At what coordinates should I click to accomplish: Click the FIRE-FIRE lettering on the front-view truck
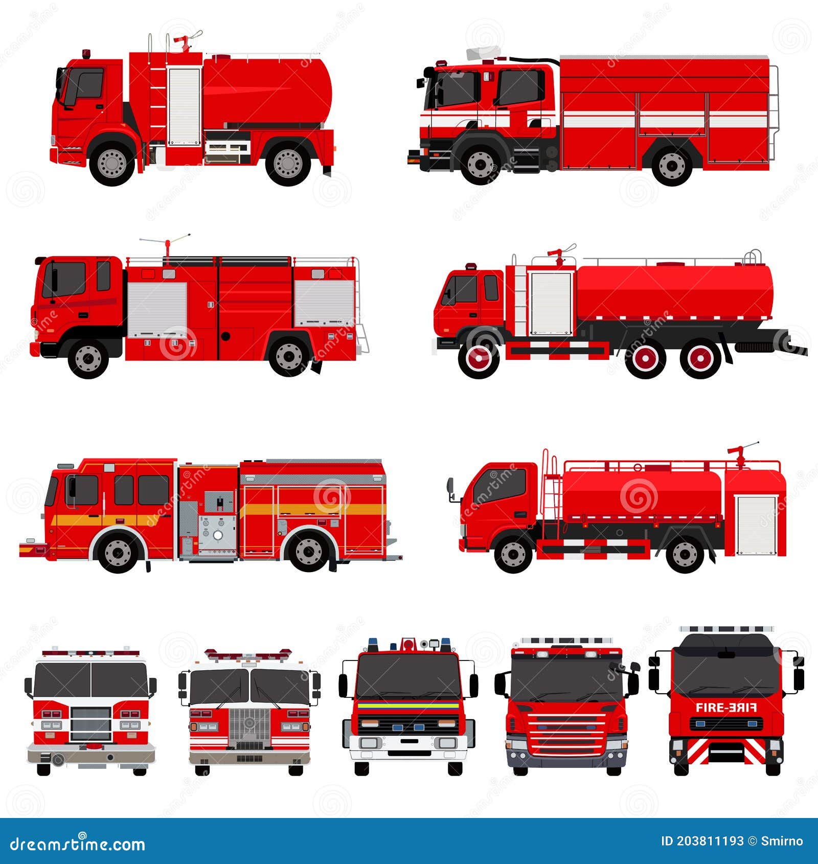726,708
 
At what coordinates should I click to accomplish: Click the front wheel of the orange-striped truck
118,552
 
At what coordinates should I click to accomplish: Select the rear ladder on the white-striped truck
774,112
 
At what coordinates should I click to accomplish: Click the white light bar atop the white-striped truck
483,53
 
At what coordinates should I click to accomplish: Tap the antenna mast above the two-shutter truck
167,248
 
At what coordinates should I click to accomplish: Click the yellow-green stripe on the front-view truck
408,705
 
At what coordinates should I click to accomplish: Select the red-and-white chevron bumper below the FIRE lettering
726,752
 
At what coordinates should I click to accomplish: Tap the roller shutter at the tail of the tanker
756,525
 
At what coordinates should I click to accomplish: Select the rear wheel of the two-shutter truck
289,356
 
